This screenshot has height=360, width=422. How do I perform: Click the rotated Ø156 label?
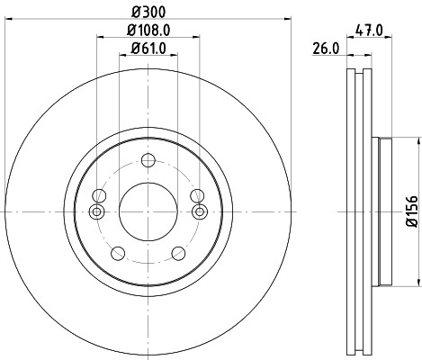pyautogui.click(x=410, y=211)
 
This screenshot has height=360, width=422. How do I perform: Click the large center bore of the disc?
pyautogui.click(x=148, y=211)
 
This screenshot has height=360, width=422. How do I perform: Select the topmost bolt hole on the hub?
pyautogui.click(x=148, y=160)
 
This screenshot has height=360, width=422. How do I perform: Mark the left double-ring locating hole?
pyautogui.click(x=97, y=211)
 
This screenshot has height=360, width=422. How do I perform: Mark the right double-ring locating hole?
pyautogui.click(x=200, y=211)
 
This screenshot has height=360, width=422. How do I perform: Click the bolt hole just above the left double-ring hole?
pyautogui.click(x=100, y=194)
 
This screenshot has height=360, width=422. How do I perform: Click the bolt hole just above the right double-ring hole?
pyautogui.click(x=197, y=194)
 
